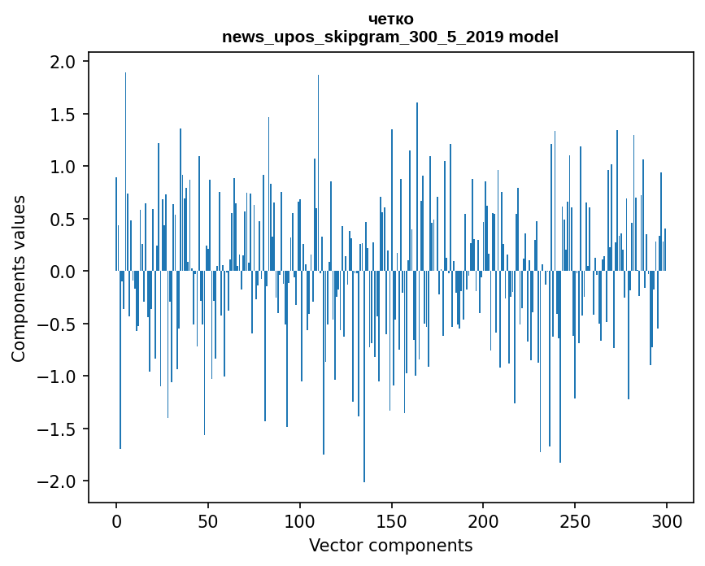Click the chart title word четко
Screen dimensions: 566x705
(x=390, y=19)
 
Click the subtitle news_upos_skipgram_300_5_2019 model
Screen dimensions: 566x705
(x=390, y=37)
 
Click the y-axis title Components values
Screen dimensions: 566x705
(x=19, y=278)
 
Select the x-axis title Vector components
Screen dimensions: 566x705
(x=390, y=545)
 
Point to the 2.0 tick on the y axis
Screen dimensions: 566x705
(x=63, y=62)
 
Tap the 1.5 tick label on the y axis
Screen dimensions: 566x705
(x=63, y=115)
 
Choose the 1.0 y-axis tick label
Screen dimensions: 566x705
(x=63, y=167)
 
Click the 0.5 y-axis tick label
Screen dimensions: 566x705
(x=63, y=220)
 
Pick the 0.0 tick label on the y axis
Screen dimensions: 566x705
(x=63, y=272)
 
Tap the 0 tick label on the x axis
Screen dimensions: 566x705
(x=116, y=520)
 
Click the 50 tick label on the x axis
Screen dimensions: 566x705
(x=208, y=520)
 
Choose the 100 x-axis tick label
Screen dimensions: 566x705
(x=300, y=520)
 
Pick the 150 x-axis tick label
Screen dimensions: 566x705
(x=392, y=520)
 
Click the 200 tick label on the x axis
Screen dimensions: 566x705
(x=483, y=520)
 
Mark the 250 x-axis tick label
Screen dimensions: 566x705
(x=575, y=520)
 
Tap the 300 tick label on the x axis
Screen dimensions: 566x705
(x=667, y=520)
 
